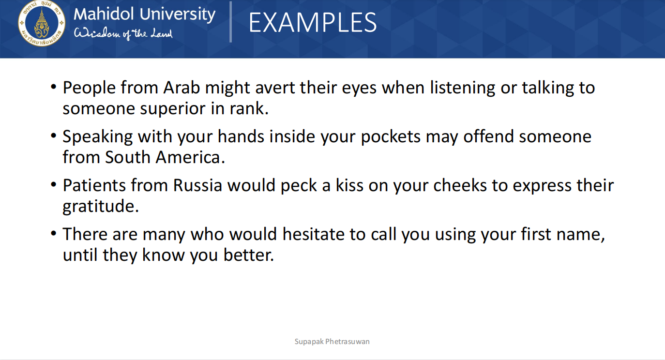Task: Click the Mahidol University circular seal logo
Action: click(x=42, y=23)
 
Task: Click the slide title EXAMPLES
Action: click(x=313, y=23)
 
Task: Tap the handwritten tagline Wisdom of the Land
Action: click(x=123, y=34)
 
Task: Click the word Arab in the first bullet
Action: click(x=181, y=88)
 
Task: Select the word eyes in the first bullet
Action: click(x=359, y=89)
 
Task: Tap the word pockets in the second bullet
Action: click(x=391, y=137)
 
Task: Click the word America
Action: click(x=190, y=157)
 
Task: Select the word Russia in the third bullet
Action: click(x=197, y=185)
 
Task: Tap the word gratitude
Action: click(x=101, y=207)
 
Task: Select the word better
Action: click(x=248, y=255)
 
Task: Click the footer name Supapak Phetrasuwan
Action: click(x=332, y=342)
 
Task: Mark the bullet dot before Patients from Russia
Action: click(x=53, y=185)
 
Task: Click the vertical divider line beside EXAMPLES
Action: click(x=231, y=22)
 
